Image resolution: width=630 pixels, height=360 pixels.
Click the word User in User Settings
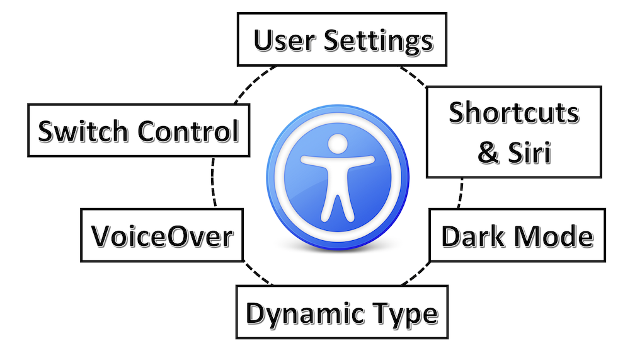coord(285,41)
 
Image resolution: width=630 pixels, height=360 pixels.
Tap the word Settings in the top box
coord(379,41)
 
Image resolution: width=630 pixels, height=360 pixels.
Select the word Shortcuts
coord(513,113)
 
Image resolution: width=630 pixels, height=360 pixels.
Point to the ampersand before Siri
coord(488,153)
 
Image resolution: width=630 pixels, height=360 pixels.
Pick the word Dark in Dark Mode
coord(467,237)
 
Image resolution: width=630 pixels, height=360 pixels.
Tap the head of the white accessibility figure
coord(338,144)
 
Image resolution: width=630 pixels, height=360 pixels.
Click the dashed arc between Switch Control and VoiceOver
coord(212,183)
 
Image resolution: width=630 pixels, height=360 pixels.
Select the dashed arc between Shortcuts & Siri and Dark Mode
coord(461,193)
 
